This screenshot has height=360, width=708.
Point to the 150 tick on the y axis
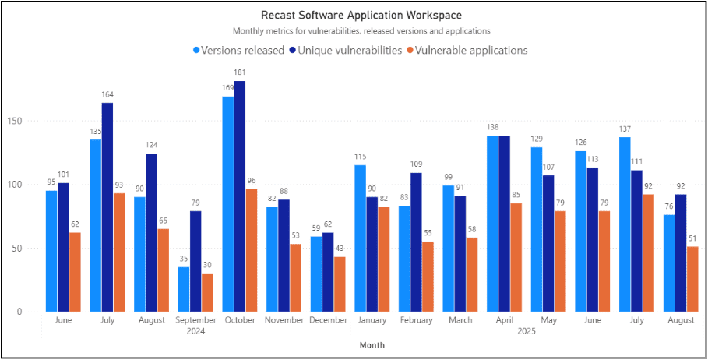[x=23, y=121]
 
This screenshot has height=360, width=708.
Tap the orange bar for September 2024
[x=207, y=292]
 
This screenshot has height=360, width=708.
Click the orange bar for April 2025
[x=516, y=257]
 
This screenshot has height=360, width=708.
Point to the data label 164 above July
[x=107, y=94]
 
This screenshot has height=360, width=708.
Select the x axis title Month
[x=372, y=344]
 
